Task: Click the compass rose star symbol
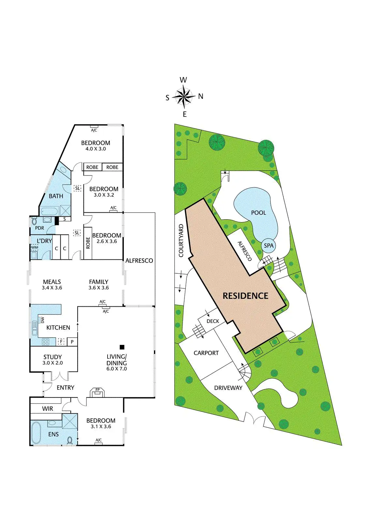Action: click(x=184, y=97)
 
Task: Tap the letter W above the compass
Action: click(x=184, y=80)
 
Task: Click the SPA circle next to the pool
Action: click(x=269, y=246)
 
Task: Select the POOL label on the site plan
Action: click(x=258, y=213)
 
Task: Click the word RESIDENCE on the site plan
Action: click(x=245, y=296)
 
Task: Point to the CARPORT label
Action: click(x=206, y=353)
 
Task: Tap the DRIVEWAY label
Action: click(x=228, y=388)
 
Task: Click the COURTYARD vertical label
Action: click(x=181, y=240)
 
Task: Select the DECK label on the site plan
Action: click(x=213, y=321)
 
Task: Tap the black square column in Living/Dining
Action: click(x=122, y=347)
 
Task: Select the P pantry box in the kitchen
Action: click(x=72, y=342)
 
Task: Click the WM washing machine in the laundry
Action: click(x=35, y=248)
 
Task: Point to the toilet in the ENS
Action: click(x=69, y=440)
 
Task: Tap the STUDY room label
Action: click(x=52, y=357)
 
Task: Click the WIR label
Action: click(x=48, y=408)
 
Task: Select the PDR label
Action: click(x=39, y=228)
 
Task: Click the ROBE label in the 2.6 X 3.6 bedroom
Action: click(x=88, y=243)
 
